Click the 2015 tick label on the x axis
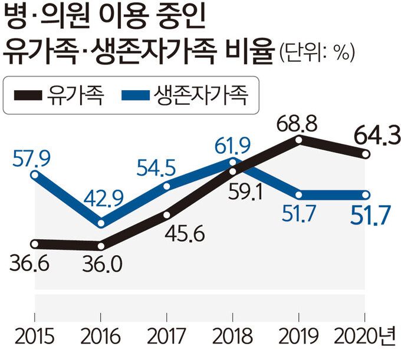coord(36,338)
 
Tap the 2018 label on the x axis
coord(234,338)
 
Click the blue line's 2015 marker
coord(36,174)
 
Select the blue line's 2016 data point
coord(102,223)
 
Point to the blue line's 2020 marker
coord(366,194)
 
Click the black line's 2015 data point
coord(36,243)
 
